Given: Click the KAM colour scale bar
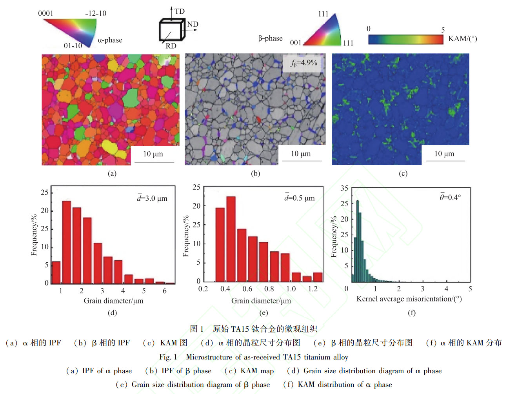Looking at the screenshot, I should tap(406, 39).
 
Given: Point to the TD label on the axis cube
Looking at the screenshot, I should tap(180, 11).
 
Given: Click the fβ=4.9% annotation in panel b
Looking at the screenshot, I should tap(304, 63).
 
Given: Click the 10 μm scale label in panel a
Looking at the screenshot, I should tap(153, 154).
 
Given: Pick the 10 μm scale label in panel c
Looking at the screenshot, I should tap(444, 154).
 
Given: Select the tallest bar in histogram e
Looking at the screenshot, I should tap(231, 239).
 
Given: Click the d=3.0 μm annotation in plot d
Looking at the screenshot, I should tap(152, 198).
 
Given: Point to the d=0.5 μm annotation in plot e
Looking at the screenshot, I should tap(300, 198).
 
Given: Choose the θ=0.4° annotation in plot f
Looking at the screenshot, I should tap(450, 197).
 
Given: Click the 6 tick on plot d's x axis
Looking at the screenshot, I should tap(165, 291).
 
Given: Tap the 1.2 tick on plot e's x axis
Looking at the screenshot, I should tap(313, 289).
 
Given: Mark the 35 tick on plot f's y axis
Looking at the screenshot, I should tap(344, 188).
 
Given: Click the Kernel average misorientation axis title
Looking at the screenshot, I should tap(409, 299).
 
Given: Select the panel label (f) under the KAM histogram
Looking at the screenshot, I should tap(411, 312).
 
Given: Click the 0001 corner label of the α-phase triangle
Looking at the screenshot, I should tap(45, 13).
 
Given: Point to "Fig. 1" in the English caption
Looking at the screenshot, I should tap(168, 357).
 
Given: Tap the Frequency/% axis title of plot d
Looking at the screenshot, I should tap(34, 235).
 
